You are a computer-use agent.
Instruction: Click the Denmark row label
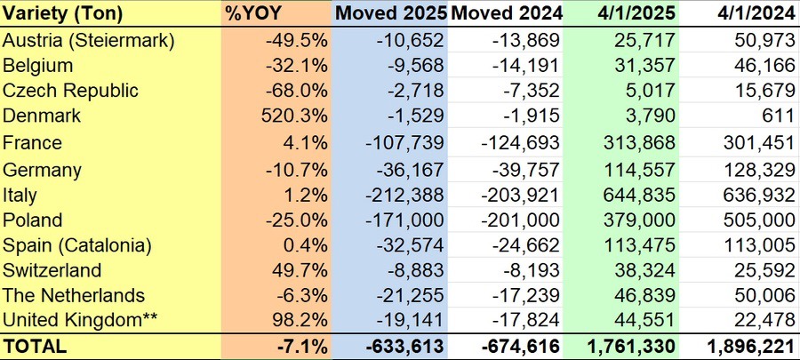pos(42,116)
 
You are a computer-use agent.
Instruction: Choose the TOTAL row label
pos(35,347)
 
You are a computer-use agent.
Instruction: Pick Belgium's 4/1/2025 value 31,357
pos(647,65)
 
